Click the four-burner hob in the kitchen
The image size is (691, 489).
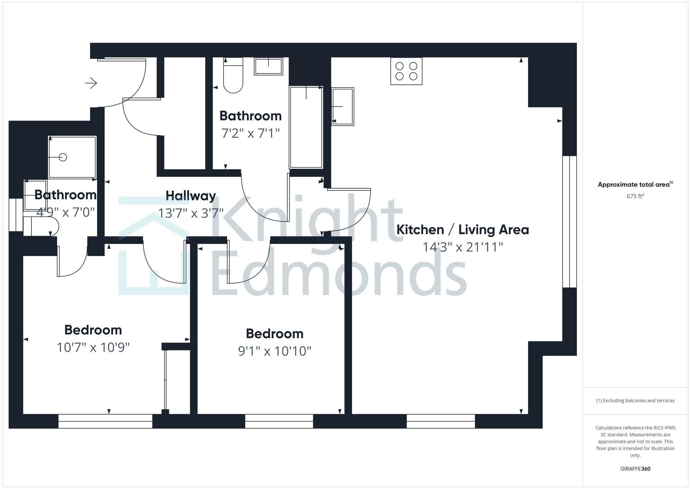406,71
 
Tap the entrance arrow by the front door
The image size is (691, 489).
92,83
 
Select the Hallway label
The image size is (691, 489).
191,196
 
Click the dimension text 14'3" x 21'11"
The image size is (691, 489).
463,247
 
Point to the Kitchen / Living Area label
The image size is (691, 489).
463,230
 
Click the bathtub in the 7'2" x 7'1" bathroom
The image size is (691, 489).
306,127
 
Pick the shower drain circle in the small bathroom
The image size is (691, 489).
63,157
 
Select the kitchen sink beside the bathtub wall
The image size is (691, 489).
343,106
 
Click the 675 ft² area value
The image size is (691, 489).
635,196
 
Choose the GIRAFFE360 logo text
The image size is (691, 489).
635,469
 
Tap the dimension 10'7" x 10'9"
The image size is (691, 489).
93,347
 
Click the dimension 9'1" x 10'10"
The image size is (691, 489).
275,351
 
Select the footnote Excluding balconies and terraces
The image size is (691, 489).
635,401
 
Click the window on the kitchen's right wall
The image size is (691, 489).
569,222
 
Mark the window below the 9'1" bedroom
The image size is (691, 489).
279,421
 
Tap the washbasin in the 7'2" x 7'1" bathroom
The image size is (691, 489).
268,66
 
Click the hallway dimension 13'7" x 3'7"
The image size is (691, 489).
191,213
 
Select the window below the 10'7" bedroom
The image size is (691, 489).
105,421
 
